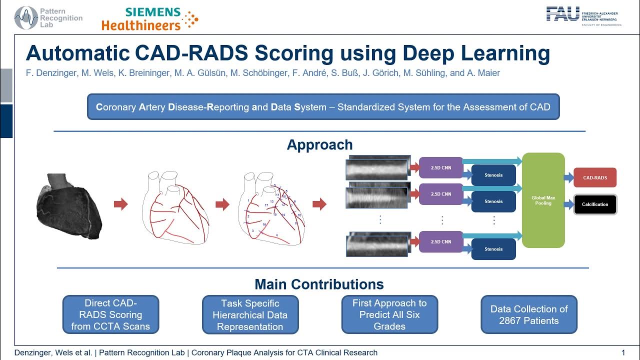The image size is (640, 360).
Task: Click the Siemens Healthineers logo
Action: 149,18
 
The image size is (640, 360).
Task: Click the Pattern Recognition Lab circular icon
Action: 25,17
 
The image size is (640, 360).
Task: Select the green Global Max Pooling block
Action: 543,200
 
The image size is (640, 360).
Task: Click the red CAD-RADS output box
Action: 595,177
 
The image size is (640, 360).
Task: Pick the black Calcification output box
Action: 595,204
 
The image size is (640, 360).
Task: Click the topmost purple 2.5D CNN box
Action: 441,167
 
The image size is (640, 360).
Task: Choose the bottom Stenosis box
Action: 493,249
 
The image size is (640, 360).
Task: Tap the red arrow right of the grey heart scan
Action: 121,204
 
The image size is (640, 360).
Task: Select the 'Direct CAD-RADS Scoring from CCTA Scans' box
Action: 110,314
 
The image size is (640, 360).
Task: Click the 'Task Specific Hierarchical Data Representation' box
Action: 250,314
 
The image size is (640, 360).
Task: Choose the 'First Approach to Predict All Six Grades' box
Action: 389,314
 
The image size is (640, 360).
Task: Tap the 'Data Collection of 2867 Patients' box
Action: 528,314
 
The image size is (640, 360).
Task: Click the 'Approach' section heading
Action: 319,145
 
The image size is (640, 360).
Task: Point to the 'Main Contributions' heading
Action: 319,284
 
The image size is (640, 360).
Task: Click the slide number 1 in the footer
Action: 623,352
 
